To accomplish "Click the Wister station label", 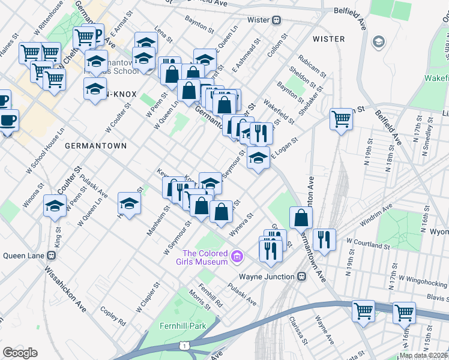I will tap(259, 20).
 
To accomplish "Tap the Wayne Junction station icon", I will tap(302, 277).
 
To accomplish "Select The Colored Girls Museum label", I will tap(205, 257).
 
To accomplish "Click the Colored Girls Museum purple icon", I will tap(237, 257).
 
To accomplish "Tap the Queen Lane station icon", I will tap(52, 255).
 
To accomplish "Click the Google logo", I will tap(20, 353).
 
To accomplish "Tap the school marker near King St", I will tap(55, 206).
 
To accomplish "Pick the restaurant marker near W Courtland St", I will tap(324, 239).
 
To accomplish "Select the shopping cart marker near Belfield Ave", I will tap(341, 119).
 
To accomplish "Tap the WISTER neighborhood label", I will tap(329, 39).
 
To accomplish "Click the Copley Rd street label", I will tap(113, 314).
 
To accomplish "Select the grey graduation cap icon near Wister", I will tap(379, 41).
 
